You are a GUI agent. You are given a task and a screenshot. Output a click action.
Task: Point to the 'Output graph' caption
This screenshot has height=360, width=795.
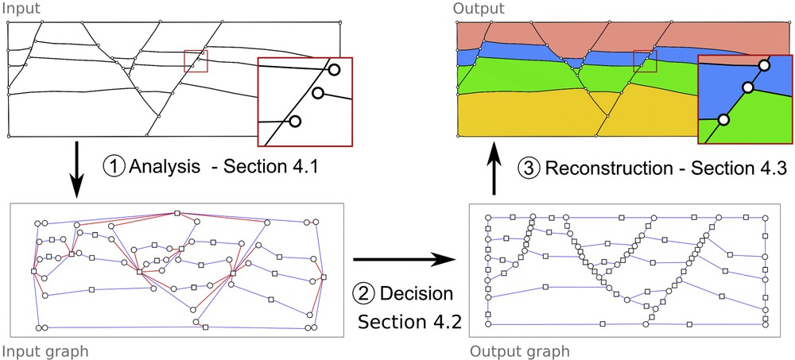pyautogui.click(x=520, y=350)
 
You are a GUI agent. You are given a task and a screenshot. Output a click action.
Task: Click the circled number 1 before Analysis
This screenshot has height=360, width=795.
pyautogui.click(x=114, y=168)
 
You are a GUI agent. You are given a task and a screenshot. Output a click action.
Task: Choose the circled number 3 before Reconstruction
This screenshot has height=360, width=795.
pyautogui.click(x=529, y=168)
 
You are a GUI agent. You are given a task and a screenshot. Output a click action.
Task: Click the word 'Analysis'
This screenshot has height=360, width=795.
pyautogui.click(x=161, y=168)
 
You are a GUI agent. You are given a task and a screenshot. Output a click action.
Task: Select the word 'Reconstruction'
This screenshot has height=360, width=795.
pyautogui.click(x=610, y=168)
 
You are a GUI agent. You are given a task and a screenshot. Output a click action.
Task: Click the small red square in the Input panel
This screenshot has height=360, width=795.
pyautogui.click(x=195, y=60)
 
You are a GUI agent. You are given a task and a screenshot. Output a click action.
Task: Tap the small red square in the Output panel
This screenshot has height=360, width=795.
pyautogui.click(x=645, y=60)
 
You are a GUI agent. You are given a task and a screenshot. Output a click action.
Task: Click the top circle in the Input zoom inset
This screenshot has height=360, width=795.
pyautogui.click(x=334, y=70)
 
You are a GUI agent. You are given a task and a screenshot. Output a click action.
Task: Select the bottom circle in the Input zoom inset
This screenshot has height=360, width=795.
pyautogui.click(x=295, y=122)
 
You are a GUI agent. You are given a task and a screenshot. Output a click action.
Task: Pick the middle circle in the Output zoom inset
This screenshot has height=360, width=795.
pyautogui.click(x=747, y=87)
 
